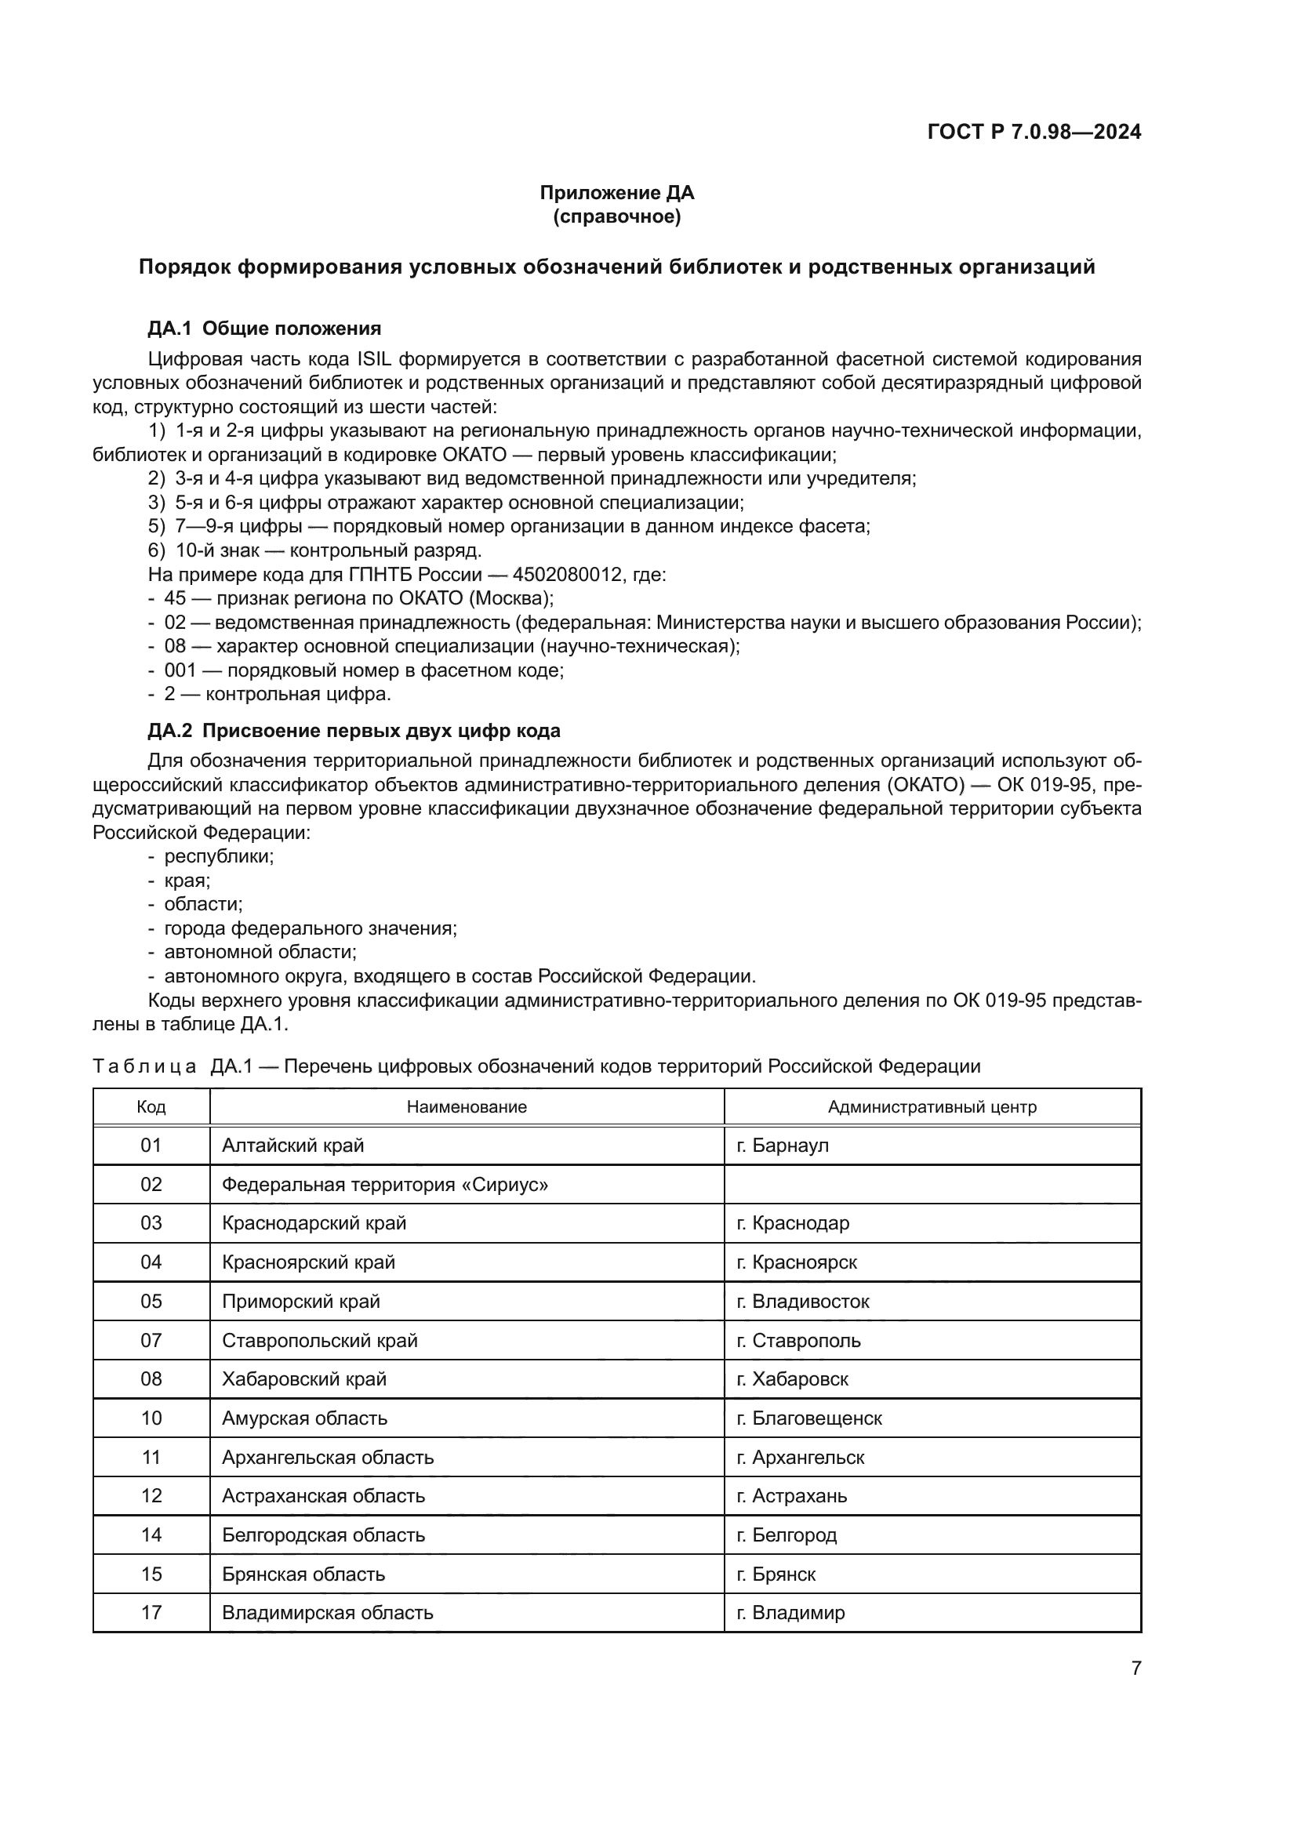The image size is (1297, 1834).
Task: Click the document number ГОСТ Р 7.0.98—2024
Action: pyautogui.click(x=1034, y=132)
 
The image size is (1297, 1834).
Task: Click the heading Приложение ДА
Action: pyautogui.click(x=616, y=193)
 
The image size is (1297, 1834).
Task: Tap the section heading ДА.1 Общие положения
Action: pyautogui.click(x=264, y=329)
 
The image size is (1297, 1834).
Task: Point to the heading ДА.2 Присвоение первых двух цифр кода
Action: pyautogui.click(x=354, y=731)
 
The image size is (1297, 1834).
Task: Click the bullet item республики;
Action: pyautogui.click(x=219, y=856)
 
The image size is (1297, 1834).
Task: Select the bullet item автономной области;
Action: pyautogui.click(x=260, y=952)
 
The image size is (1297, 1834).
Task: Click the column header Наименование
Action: pyautogui.click(x=467, y=1107)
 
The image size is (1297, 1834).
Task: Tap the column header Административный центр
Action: pyautogui.click(x=932, y=1107)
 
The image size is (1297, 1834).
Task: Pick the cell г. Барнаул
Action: pyautogui.click(x=783, y=1146)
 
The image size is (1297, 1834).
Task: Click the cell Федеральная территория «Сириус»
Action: pyautogui.click(x=385, y=1185)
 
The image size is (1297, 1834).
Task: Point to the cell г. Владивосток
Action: pyautogui.click(x=803, y=1302)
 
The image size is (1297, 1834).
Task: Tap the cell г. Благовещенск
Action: pyautogui.click(x=809, y=1418)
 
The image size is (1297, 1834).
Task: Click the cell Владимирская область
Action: pyautogui.click(x=328, y=1613)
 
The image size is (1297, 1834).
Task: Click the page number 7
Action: pyautogui.click(x=1135, y=1668)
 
